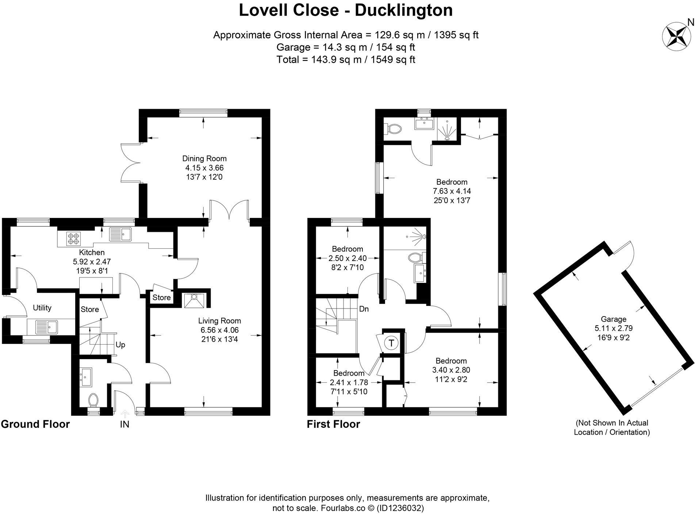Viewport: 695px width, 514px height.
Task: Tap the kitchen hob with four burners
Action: click(x=72, y=239)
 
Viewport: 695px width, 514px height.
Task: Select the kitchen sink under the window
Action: click(x=120, y=234)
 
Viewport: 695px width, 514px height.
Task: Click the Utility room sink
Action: click(x=46, y=327)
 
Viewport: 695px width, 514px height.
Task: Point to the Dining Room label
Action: click(x=204, y=158)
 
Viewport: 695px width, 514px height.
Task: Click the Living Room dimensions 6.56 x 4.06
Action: click(x=219, y=330)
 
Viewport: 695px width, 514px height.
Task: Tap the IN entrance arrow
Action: click(x=125, y=414)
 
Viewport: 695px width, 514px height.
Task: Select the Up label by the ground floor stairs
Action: click(x=120, y=345)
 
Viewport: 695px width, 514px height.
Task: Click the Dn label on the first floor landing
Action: click(x=364, y=309)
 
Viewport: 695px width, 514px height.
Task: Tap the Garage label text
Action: click(x=613, y=319)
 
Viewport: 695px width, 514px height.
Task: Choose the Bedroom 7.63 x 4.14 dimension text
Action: click(x=452, y=191)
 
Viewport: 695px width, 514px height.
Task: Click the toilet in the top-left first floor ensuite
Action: click(x=394, y=128)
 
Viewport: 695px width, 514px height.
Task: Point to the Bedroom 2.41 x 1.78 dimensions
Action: click(x=349, y=383)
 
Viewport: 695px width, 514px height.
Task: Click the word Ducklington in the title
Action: click(x=404, y=10)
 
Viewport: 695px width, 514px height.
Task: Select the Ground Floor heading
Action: click(x=35, y=424)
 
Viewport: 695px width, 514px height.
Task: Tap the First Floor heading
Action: click(x=333, y=424)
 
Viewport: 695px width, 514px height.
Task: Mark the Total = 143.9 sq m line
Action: click(x=346, y=60)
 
